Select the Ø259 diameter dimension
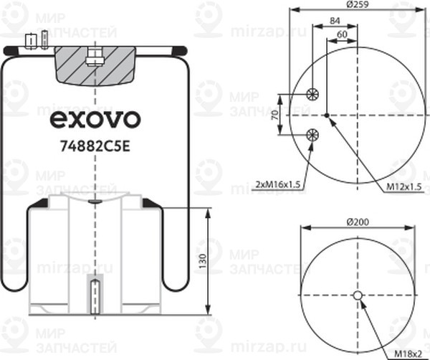[x=357, y=6]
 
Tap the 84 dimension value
[x=333, y=21]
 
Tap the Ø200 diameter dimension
[x=357, y=222]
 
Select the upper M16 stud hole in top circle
[x=312, y=94]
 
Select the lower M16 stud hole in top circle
[x=312, y=134]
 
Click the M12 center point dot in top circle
[x=326, y=114]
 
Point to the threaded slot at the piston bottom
[x=95, y=294]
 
